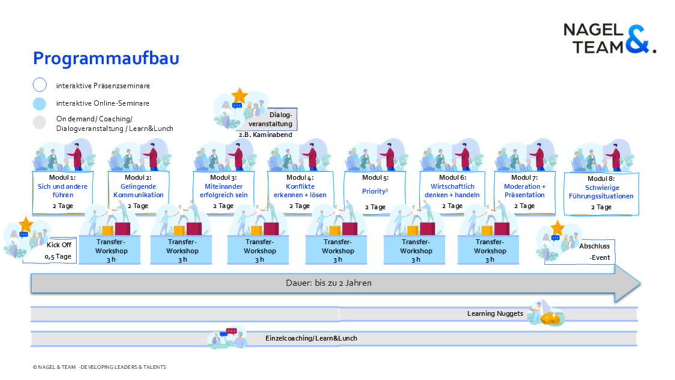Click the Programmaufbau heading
(106, 58)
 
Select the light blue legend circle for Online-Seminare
(40, 104)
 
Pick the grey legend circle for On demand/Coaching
(40, 122)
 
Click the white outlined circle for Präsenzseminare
(40, 85)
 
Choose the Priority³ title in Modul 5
(375, 191)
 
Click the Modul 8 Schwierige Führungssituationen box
(601, 193)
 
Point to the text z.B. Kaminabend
(266, 135)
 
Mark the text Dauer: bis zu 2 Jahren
(328, 282)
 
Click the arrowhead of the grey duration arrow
(628, 283)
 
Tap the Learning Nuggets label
(495, 314)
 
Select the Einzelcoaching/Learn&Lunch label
(311, 338)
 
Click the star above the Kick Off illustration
(25, 224)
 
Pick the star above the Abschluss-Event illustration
(557, 228)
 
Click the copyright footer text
(100, 367)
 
